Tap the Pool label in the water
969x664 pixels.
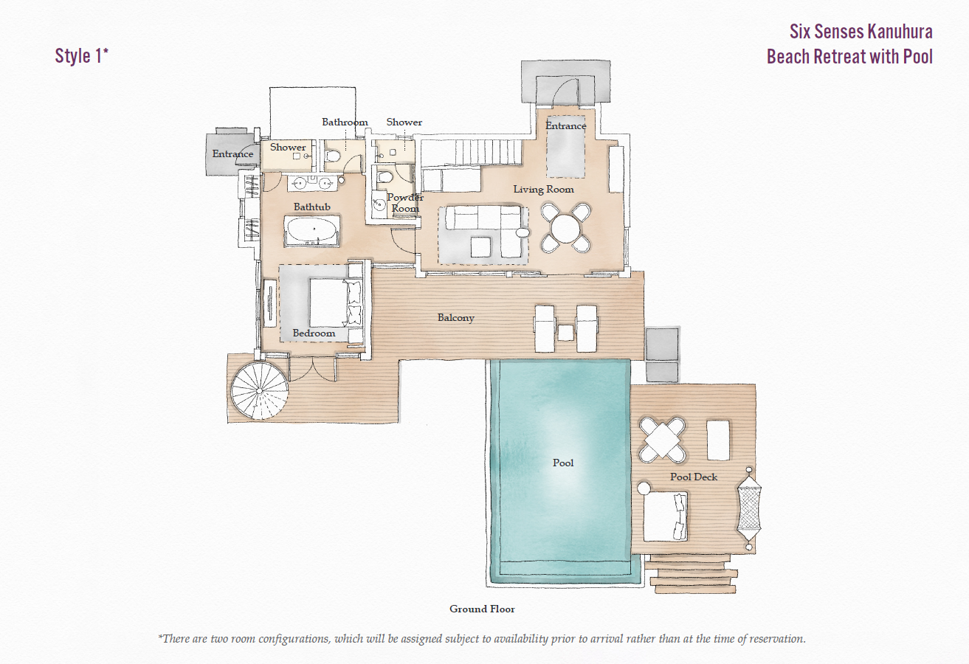563,463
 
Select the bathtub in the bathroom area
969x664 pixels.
312,230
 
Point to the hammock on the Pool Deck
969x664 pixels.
748,508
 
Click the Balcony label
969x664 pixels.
455,318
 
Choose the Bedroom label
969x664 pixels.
314,333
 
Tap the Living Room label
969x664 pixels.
543,190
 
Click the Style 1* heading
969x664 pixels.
81,56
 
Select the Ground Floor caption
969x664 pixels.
482,609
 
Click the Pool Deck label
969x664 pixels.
694,477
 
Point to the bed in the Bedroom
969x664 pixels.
328,302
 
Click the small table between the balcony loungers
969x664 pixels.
565,333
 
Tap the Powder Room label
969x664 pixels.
405,203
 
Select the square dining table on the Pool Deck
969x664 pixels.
662,440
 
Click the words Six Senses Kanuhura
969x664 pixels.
861,32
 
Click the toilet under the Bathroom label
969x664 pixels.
334,156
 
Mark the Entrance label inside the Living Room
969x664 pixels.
565,126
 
